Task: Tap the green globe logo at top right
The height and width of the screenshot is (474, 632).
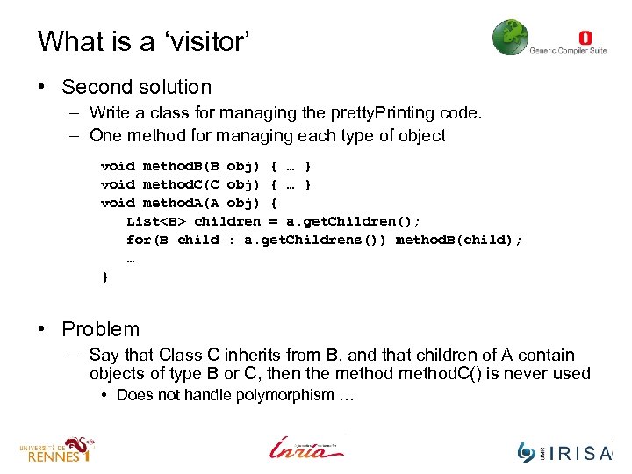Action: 510,38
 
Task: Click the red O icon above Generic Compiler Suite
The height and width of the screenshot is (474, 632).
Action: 585,37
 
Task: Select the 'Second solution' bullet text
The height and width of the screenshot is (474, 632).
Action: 136,87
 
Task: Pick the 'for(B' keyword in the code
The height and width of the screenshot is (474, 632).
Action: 147,240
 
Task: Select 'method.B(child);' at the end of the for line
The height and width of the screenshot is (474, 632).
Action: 458,240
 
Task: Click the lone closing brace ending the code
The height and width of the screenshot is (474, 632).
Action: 106,276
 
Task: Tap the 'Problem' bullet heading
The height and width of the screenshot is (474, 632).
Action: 100,329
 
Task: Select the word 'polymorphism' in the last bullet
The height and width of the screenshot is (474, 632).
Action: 284,395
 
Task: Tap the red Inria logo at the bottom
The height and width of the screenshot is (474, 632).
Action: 306,448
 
